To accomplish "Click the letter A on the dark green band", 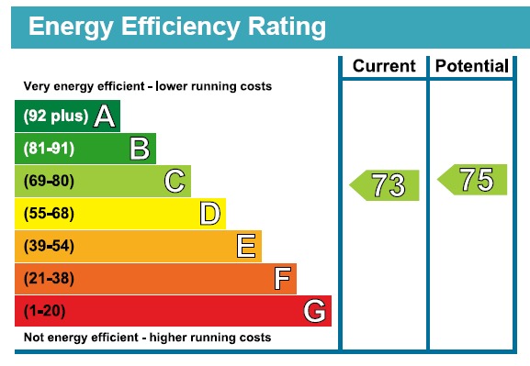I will click(x=105, y=116).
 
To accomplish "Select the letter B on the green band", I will click(x=140, y=149).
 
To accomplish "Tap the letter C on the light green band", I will click(x=175, y=181).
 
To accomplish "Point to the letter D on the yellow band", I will click(x=210, y=214).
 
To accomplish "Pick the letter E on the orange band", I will click(x=245, y=246).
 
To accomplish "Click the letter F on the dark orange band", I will click(x=283, y=278).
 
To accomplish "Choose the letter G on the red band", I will click(x=314, y=312).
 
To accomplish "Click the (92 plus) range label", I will click(x=55, y=116).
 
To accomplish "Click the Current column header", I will click(x=384, y=66).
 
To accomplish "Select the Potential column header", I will click(x=471, y=66).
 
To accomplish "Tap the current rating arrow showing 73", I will click(x=385, y=185).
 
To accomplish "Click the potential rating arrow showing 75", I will click(x=472, y=180).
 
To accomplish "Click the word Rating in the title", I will click(x=276, y=28).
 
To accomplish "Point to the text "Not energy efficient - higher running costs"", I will click(x=147, y=338).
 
